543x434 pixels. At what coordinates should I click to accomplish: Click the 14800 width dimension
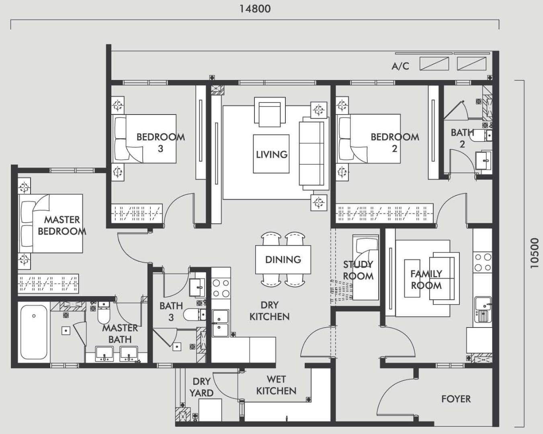pyautogui.click(x=255, y=9)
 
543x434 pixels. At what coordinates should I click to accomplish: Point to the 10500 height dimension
pyautogui.click(x=534, y=253)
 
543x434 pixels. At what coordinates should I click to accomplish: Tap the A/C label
pyautogui.click(x=400, y=66)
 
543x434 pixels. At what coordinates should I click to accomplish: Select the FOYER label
pyautogui.click(x=456, y=399)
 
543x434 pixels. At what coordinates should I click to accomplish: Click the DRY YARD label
pyautogui.click(x=201, y=387)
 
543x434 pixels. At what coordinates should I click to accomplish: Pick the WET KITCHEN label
pyautogui.click(x=276, y=385)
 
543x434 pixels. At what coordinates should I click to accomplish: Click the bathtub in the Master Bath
pyautogui.click(x=34, y=332)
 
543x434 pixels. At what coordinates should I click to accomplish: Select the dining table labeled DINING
pyautogui.click(x=283, y=259)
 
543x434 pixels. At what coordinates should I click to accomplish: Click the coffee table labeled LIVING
pyautogui.click(x=271, y=154)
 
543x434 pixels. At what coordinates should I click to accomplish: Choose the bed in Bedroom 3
pyautogui.click(x=144, y=139)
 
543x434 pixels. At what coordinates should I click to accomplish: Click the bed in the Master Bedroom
pyautogui.click(x=51, y=223)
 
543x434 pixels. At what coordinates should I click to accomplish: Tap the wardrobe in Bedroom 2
pyautogui.click(x=385, y=213)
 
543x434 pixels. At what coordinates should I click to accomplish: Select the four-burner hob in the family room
pyautogui.click(x=483, y=262)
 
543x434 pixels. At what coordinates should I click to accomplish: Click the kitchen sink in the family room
pyautogui.click(x=483, y=309)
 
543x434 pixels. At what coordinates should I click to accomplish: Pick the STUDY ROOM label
pyautogui.click(x=358, y=270)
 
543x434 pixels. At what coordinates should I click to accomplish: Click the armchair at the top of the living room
pyautogui.click(x=270, y=112)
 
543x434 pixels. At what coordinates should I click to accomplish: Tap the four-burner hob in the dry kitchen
pyautogui.click(x=221, y=288)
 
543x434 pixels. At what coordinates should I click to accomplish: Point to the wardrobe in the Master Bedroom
pyautogui.click(x=48, y=284)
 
